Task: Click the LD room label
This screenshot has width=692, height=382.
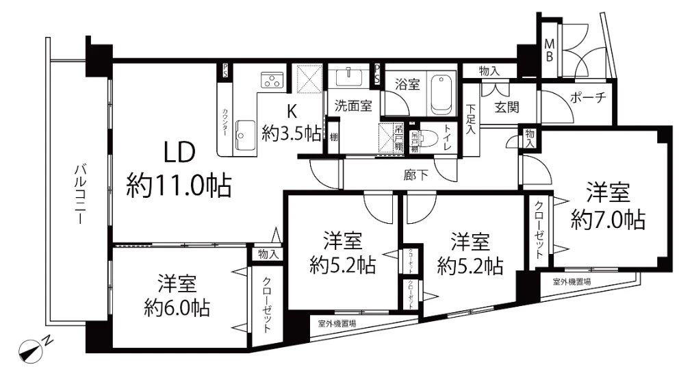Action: click(x=179, y=152)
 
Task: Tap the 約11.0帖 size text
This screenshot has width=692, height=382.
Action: click(x=179, y=184)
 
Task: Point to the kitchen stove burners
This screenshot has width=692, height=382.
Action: click(x=272, y=80)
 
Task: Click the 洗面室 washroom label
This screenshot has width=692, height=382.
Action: click(x=353, y=106)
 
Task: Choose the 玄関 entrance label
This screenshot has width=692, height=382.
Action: click(x=507, y=107)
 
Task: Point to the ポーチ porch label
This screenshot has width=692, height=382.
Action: click(x=588, y=98)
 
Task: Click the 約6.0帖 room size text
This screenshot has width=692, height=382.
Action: click(x=177, y=306)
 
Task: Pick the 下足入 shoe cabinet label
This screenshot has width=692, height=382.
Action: click(x=472, y=119)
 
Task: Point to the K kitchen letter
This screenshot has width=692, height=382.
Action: click(x=290, y=110)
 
